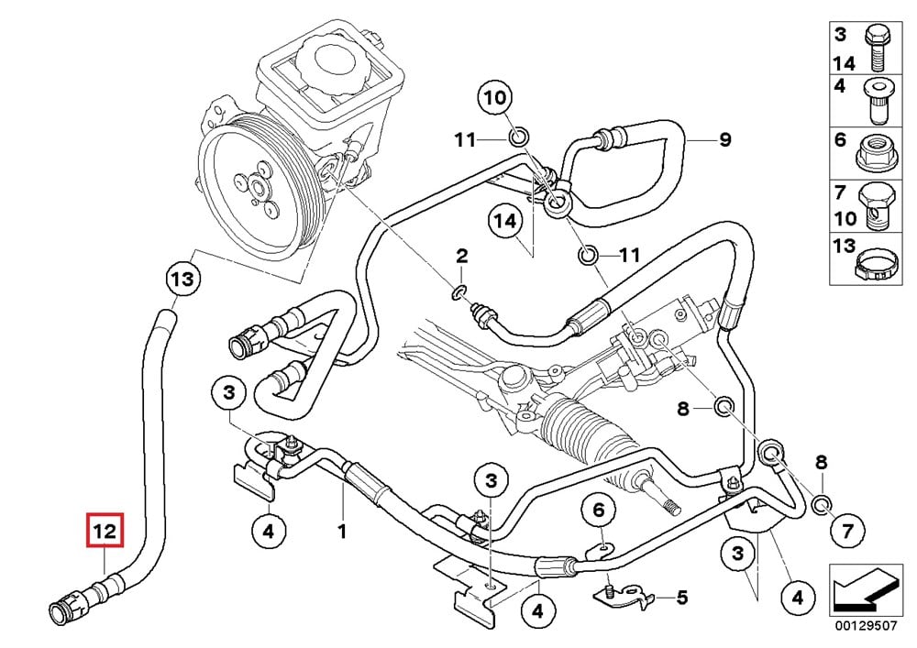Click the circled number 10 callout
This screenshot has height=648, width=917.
(x=493, y=98)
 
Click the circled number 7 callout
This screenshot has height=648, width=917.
(x=847, y=529)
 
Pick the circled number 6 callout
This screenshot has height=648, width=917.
(x=598, y=510)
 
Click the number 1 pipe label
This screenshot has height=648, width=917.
(x=342, y=531)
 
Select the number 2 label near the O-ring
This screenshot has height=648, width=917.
(x=461, y=254)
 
